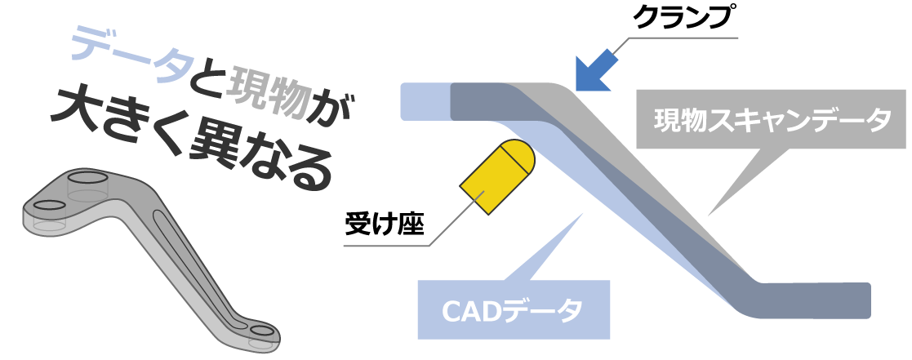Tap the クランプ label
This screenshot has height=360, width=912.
[x=678, y=19]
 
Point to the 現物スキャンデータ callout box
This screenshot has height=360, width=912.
[x=772, y=121]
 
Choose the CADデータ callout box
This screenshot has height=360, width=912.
[x=514, y=309]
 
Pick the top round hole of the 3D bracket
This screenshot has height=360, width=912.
[x=87, y=177]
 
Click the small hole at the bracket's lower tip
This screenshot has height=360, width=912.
[x=262, y=331]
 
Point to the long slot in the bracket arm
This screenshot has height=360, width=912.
[x=196, y=262]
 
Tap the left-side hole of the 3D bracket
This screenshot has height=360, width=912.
[x=50, y=204]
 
